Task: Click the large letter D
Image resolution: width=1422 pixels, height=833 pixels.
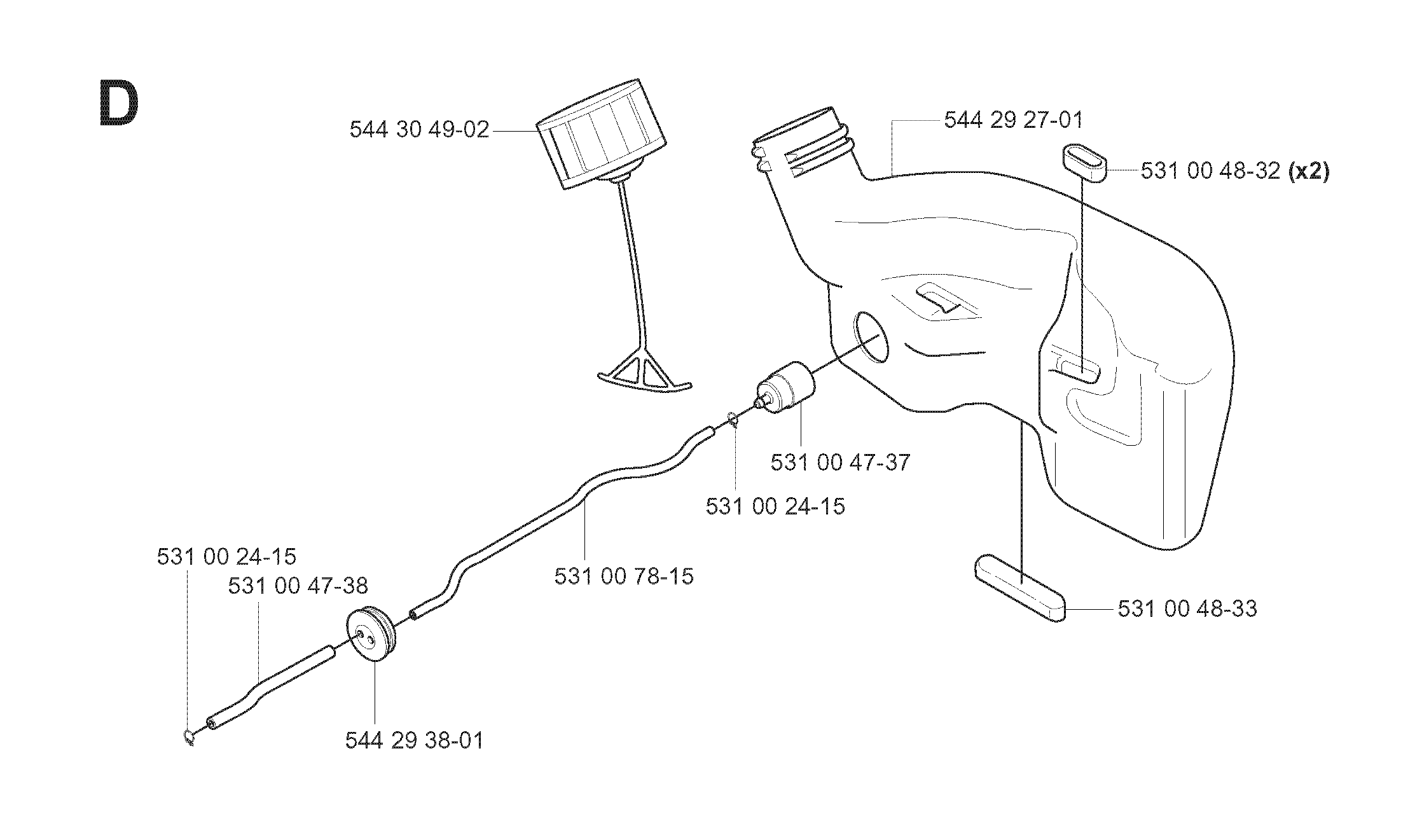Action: (119, 104)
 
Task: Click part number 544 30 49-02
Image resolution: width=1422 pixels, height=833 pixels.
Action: (420, 130)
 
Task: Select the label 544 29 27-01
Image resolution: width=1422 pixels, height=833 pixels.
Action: (1013, 120)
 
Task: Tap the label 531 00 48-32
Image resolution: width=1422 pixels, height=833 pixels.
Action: (1210, 171)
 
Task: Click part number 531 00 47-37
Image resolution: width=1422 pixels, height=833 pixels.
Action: (840, 462)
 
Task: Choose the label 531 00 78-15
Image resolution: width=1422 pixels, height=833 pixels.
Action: (624, 576)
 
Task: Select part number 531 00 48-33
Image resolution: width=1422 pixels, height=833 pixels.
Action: (1187, 609)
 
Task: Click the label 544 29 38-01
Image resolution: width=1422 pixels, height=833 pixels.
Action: (415, 740)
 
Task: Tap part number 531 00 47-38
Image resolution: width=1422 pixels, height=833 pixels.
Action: (298, 586)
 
